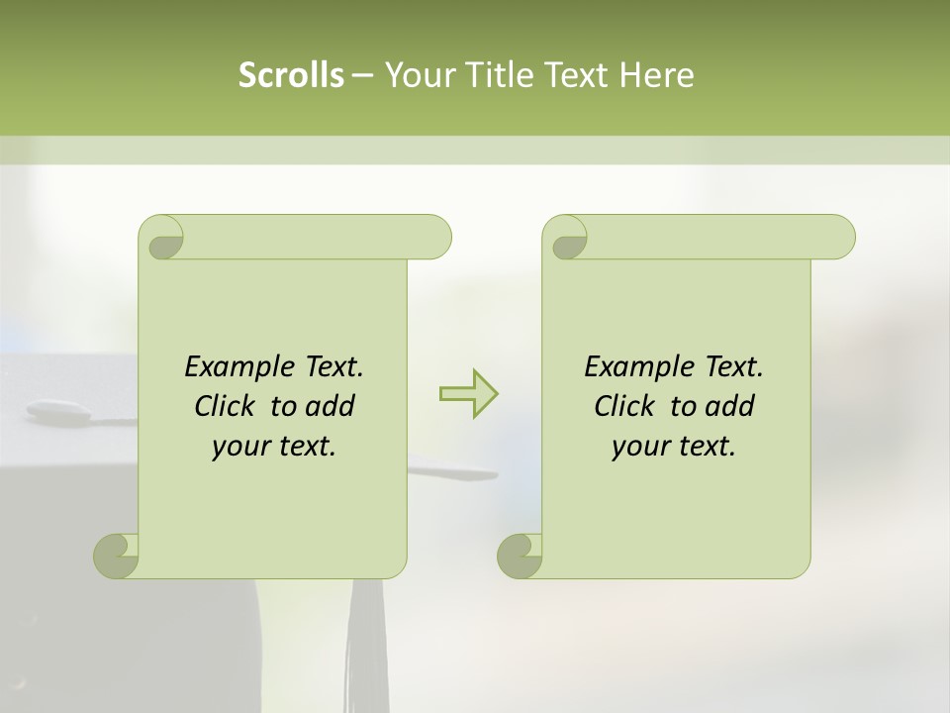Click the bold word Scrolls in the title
pyautogui.click(x=292, y=75)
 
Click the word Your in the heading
pyautogui.click(x=416, y=75)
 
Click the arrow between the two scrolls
pyautogui.click(x=468, y=394)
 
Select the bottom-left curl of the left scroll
pyautogui.click(x=115, y=557)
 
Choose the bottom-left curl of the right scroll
pyautogui.click(x=519, y=557)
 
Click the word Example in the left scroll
pyautogui.click(x=234, y=367)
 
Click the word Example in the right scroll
pyautogui.click(x=633, y=367)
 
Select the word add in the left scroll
pyautogui.click(x=332, y=406)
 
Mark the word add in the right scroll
pyautogui.click(x=731, y=406)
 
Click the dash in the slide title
pyautogui.click(x=362, y=75)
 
